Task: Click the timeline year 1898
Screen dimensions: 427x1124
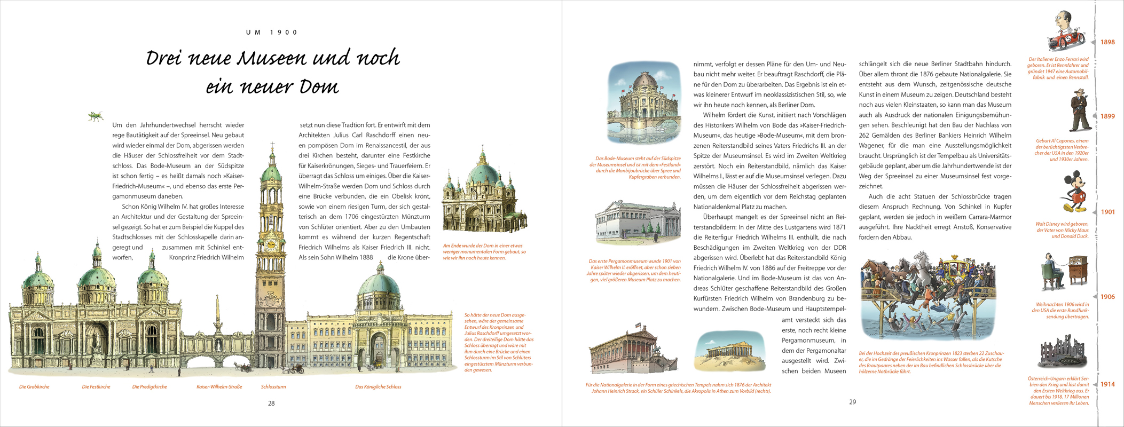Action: tap(1107, 42)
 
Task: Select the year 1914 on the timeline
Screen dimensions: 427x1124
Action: tap(1107, 384)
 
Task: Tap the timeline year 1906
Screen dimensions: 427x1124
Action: tap(1107, 297)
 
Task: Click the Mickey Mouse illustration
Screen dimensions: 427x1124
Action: tap(1072, 192)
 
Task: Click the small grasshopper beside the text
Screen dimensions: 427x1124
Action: tap(96, 116)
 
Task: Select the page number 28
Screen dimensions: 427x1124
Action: tap(271, 404)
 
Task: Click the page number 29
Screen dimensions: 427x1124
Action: tap(852, 402)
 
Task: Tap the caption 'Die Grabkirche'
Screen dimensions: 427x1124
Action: tap(34, 387)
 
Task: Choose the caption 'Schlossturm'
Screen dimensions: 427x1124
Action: tap(273, 387)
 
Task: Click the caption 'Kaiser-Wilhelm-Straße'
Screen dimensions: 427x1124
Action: tap(219, 387)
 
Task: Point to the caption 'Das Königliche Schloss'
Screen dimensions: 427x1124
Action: tap(378, 387)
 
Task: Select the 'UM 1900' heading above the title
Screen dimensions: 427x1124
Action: tap(272, 33)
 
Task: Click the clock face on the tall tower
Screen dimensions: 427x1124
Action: tap(271, 244)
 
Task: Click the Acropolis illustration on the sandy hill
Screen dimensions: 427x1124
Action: tap(729, 352)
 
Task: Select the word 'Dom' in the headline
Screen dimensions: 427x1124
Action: tap(319, 87)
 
